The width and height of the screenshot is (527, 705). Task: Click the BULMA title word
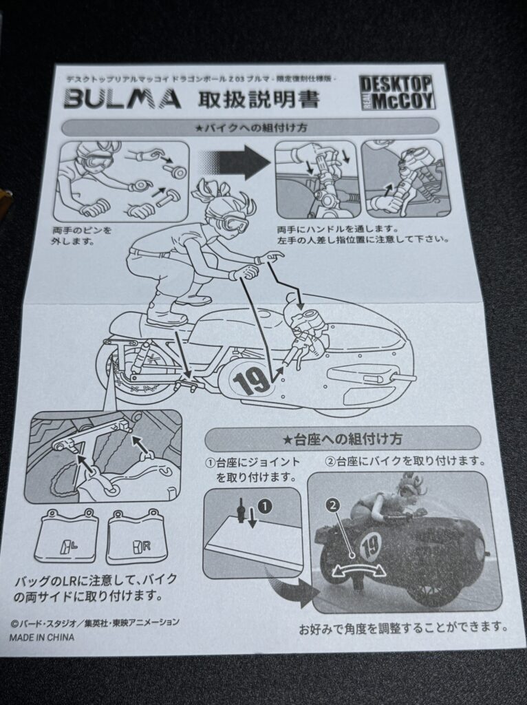pyautogui.click(x=122, y=99)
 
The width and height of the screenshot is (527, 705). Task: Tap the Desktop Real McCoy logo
pyautogui.click(x=397, y=93)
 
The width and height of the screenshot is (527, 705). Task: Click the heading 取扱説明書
pyautogui.click(x=259, y=99)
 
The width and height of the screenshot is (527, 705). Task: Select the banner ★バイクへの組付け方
pyautogui.click(x=250, y=127)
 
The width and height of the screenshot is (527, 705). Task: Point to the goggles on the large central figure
pyautogui.click(x=234, y=222)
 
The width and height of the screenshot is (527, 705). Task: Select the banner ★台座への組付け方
pyautogui.click(x=343, y=439)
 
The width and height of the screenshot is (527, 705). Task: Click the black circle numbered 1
pyautogui.click(x=266, y=506)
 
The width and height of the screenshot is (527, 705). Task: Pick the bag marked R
pyautogui.click(x=136, y=537)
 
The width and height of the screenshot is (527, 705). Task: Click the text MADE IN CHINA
pyautogui.click(x=42, y=637)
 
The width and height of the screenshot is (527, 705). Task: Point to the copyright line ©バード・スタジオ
pyautogui.click(x=95, y=623)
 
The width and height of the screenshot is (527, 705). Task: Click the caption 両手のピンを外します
pyautogui.click(x=81, y=236)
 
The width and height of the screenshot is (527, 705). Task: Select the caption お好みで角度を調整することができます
pyautogui.click(x=403, y=628)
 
